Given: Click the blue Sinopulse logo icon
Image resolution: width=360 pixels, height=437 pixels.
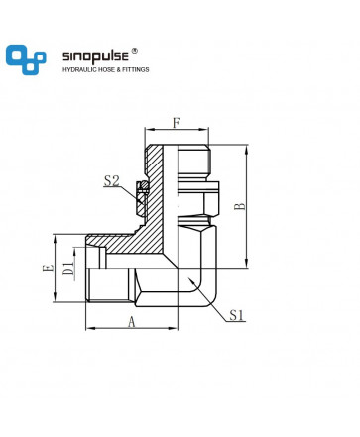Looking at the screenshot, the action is coord(26,59).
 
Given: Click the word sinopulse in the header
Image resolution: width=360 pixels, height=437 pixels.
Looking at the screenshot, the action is coord(95,55).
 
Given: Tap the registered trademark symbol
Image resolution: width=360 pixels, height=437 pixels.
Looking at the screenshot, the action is coord(134,51).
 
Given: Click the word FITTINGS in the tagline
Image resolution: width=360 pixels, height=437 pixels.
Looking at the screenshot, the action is coord(136,69).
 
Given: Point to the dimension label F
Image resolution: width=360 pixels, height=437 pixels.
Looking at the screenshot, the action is coord(177,123).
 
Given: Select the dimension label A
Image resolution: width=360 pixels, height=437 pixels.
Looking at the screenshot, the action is coord(132,321).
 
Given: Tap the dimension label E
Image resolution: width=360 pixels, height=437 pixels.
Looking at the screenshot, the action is coord(48,268).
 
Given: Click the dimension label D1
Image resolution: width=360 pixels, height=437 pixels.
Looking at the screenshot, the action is coord(68,269).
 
